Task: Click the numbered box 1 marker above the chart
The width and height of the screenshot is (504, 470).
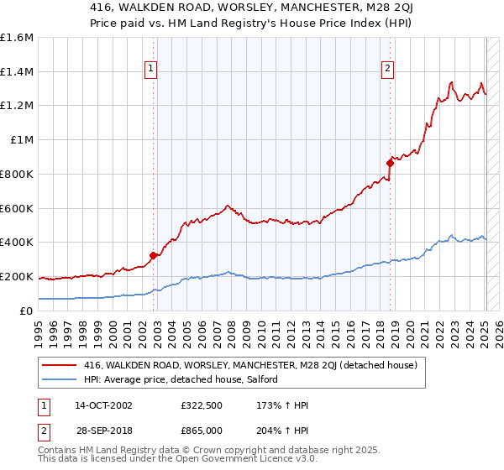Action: (151, 70)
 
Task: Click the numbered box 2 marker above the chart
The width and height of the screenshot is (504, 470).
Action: (388, 70)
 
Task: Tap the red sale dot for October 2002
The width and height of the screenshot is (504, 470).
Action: (153, 255)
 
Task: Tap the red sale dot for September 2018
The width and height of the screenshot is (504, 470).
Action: (390, 163)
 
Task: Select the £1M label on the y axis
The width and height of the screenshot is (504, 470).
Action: (22, 140)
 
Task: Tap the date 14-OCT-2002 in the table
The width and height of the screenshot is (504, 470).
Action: (103, 405)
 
